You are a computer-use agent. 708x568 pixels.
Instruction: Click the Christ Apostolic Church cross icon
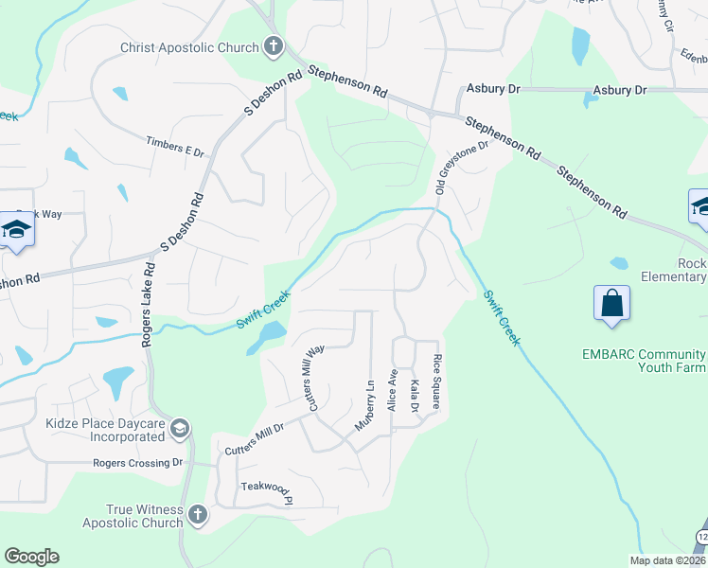(x=273, y=45)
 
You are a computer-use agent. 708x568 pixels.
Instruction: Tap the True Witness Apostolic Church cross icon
(x=197, y=515)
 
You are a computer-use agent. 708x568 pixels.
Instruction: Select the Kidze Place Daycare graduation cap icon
(x=178, y=430)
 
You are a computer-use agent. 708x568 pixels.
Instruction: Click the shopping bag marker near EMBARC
(x=612, y=303)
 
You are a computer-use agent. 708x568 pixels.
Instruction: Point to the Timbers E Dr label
(x=174, y=150)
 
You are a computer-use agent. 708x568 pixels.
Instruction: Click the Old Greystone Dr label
(x=461, y=168)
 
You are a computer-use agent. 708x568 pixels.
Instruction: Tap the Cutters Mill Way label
(x=314, y=378)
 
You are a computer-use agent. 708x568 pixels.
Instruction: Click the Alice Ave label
(x=392, y=391)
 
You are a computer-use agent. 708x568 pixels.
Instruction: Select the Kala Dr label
(x=415, y=396)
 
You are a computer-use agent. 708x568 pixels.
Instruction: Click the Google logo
(x=31, y=557)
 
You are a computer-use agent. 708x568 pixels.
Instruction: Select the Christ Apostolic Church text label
(x=189, y=47)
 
